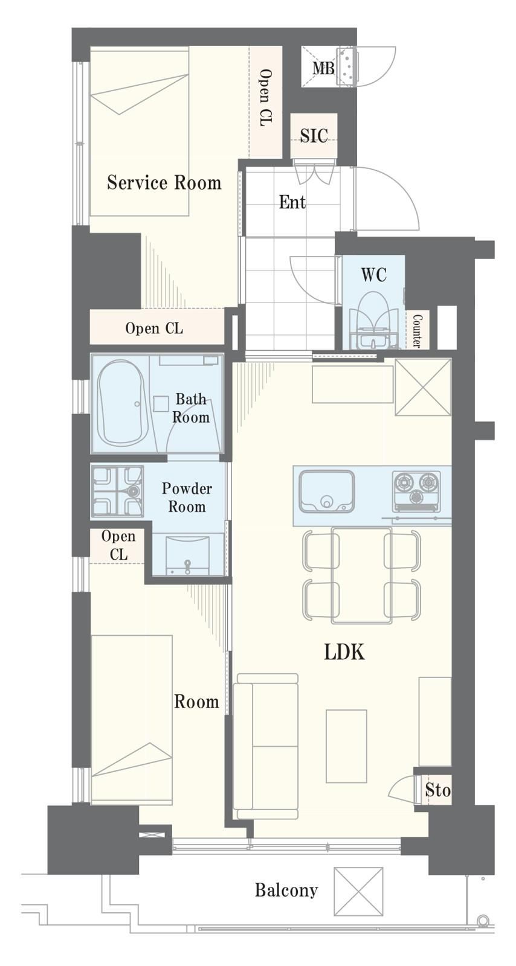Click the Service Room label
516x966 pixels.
coord(164,183)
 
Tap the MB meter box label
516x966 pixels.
coord(323,68)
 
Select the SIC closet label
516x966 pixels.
coord(314,136)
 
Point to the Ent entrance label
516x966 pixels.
coord(292,202)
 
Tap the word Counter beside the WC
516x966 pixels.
coord(417,331)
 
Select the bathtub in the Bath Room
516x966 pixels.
coord(121,403)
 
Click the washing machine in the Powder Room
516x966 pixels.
coord(117,491)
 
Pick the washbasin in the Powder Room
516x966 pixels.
coord(188,555)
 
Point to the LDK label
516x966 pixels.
coord(344,653)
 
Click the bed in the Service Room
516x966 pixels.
coord(140,131)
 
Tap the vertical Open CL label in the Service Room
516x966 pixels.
coord(265,97)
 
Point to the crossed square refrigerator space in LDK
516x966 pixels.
coord(423,387)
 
